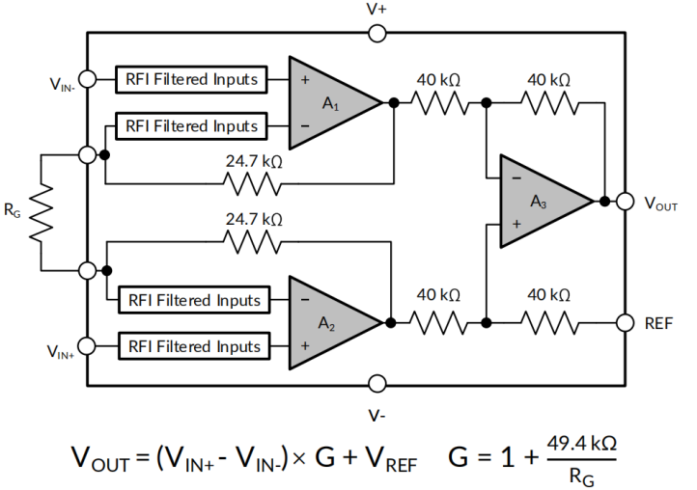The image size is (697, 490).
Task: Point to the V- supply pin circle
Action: click(377, 384)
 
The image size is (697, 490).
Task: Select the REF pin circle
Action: click(625, 322)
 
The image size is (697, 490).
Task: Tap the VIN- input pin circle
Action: click(88, 79)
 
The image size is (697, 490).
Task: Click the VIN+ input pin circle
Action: click(88, 345)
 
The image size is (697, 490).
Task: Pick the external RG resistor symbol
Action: click(40, 213)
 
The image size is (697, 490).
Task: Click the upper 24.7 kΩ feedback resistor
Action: click(253, 180)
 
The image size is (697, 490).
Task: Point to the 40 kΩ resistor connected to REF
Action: click(547, 322)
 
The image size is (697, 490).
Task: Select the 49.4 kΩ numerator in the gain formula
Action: click(581, 444)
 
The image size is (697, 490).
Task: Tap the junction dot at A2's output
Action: click(393, 322)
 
